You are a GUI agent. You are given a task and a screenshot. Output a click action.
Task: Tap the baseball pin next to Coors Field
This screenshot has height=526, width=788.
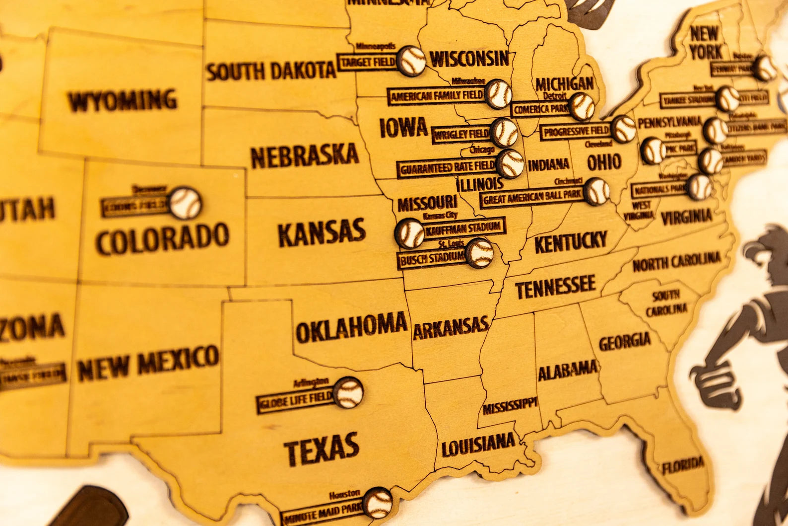click(185, 203)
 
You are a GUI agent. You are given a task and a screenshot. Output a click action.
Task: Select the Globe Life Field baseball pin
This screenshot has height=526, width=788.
click(348, 392)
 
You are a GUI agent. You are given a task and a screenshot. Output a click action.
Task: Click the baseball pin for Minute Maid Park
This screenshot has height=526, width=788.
click(378, 503)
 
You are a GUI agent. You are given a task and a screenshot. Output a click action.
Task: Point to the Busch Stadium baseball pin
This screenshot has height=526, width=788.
click(480, 253)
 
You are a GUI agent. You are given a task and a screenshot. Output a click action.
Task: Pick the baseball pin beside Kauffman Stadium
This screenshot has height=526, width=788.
click(410, 233)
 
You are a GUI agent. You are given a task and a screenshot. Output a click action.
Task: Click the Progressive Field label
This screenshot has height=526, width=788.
click(576, 132)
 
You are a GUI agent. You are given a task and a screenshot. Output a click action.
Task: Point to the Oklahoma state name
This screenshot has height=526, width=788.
click(351, 327)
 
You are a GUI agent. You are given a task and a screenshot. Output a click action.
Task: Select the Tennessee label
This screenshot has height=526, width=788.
click(555, 287)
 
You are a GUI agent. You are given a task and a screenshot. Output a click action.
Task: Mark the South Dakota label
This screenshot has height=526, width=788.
click(271, 71)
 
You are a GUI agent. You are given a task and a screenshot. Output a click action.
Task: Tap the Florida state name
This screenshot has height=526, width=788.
click(683, 466)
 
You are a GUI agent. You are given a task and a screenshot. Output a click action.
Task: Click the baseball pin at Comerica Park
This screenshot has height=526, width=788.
click(582, 106)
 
